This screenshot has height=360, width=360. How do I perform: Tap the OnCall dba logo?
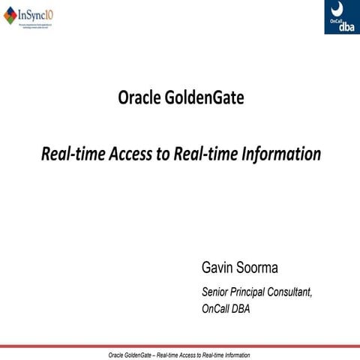(341, 16)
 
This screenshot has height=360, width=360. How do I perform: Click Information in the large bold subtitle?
(279, 154)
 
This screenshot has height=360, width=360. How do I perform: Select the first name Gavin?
(217, 268)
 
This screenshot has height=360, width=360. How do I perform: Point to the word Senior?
(217, 292)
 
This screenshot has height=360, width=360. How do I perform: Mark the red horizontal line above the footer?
(180, 346)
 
